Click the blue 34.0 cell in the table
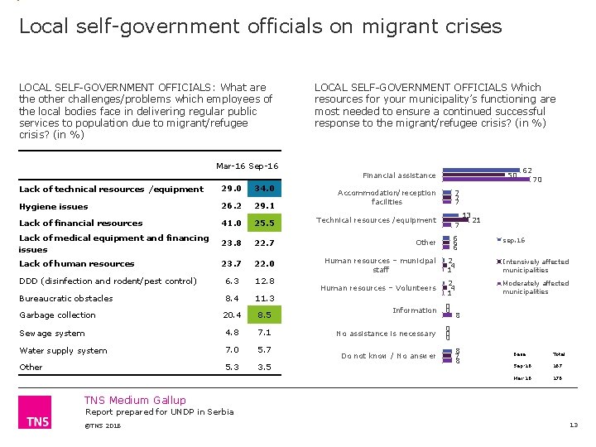coord(265,189)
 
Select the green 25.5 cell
coord(265,223)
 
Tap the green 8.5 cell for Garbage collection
coord(265,315)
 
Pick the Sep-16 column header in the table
coord(264,166)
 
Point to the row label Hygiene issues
coord(53,206)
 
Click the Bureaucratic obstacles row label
coord(65,298)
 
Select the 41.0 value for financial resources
coord(232,223)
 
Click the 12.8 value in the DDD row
coord(265,281)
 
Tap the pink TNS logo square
coord(34,412)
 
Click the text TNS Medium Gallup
coord(137,400)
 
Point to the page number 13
coord(573,425)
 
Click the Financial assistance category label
coord(399,175)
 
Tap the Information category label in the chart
coord(414,310)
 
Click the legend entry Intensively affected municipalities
coord(536,266)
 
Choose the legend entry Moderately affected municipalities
coord(536,287)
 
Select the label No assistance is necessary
coord(386,334)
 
